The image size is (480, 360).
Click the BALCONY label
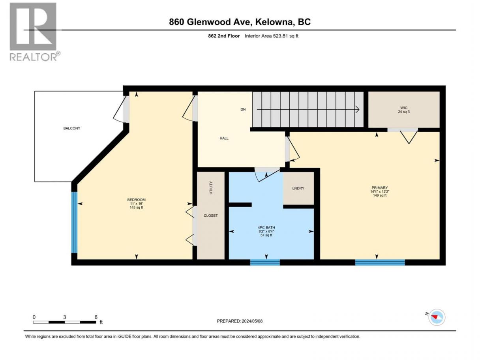(72, 128)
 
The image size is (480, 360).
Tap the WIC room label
(404, 108)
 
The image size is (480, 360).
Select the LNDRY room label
(298, 188)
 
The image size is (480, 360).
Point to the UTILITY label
(211, 188)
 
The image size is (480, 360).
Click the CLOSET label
(210, 216)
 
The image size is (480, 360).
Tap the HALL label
(224, 138)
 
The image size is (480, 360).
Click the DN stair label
(243, 109)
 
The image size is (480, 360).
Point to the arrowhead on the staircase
(357, 109)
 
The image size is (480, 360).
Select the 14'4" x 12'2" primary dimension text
(380, 191)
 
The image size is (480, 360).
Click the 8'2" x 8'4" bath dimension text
(266, 231)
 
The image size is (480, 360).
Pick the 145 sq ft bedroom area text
(136, 207)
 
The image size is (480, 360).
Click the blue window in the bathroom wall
(265, 262)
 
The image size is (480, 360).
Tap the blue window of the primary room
(380, 262)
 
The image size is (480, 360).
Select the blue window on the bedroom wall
(74, 222)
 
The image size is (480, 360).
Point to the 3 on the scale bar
(64, 317)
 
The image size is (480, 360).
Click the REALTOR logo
(35, 32)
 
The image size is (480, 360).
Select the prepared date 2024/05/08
(252, 321)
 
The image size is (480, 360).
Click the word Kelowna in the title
(274, 22)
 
